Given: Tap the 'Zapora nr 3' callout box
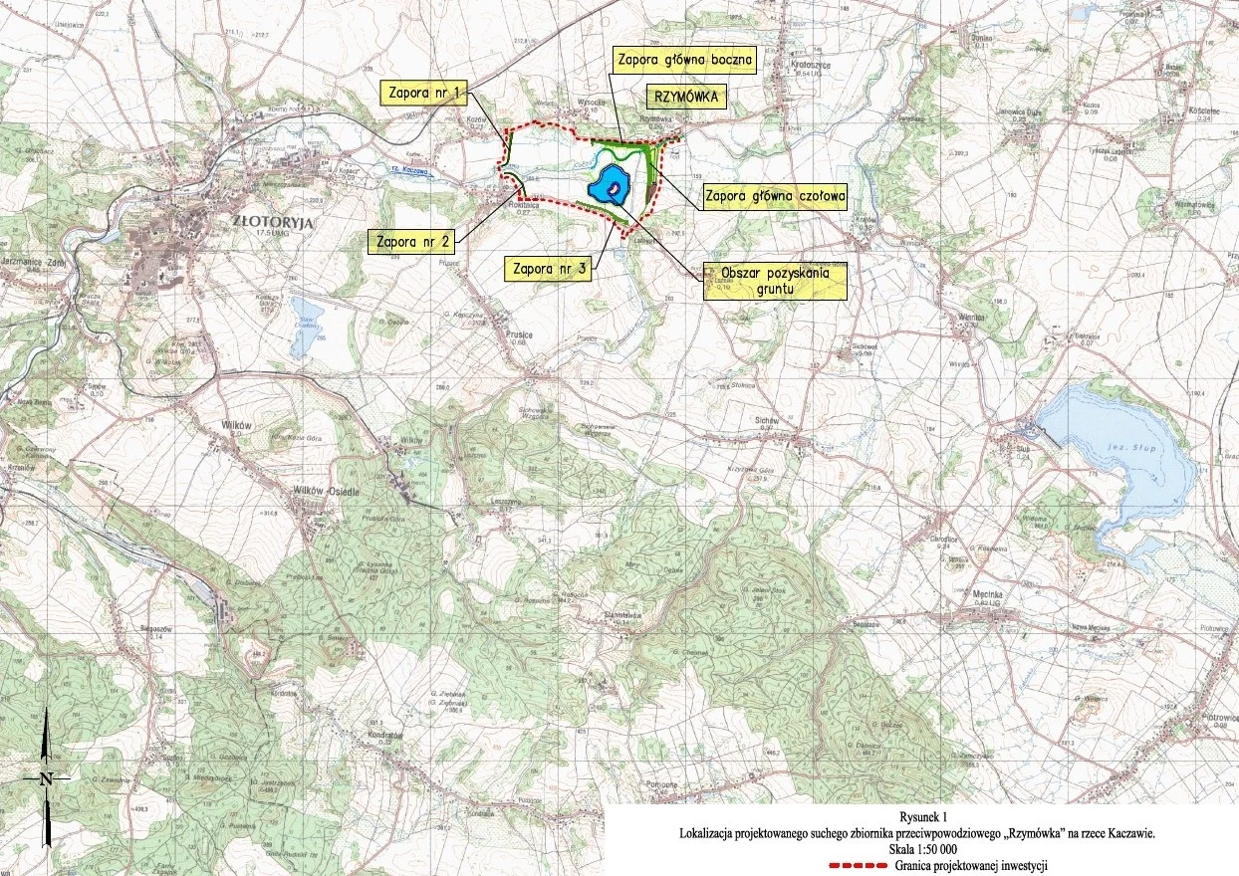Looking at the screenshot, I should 547,268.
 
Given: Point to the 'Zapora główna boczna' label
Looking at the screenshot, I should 684,59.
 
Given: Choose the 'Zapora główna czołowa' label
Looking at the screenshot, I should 775,197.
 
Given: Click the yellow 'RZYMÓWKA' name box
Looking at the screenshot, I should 686,97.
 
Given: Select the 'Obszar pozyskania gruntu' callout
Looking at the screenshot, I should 775,282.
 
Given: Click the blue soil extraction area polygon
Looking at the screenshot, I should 610,185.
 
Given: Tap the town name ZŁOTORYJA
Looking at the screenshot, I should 272,223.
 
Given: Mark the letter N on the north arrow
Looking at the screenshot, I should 46,778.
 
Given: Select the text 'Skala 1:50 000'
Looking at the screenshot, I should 916,850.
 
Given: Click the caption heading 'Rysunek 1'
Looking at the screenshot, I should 916,816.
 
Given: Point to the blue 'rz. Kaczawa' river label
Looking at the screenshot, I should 409,170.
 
